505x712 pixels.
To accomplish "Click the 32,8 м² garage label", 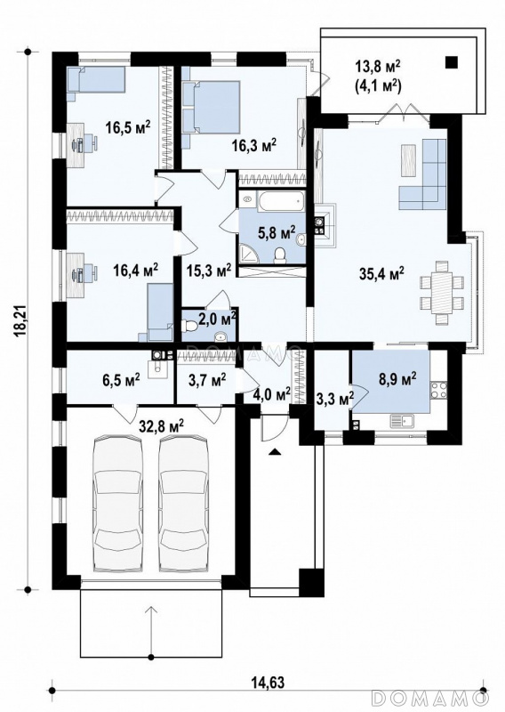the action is [x=162, y=425].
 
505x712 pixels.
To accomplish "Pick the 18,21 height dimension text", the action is [x=20, y=320].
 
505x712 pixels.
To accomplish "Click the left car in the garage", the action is [x=117, y=505].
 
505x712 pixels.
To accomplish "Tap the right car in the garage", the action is [x=185, y=505].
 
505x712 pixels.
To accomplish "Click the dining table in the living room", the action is [x=442, y=293].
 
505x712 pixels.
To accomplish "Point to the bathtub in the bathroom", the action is [x=280, y=201].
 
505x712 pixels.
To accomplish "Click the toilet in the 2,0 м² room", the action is [x=189, y=326].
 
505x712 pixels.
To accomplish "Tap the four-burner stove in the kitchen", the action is [x=438, y=389].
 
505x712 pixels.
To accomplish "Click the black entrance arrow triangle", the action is [x=275, y=451].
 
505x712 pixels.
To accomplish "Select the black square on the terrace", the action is [x=452, y=62].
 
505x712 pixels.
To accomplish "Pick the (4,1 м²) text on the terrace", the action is [x=378, y=85].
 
